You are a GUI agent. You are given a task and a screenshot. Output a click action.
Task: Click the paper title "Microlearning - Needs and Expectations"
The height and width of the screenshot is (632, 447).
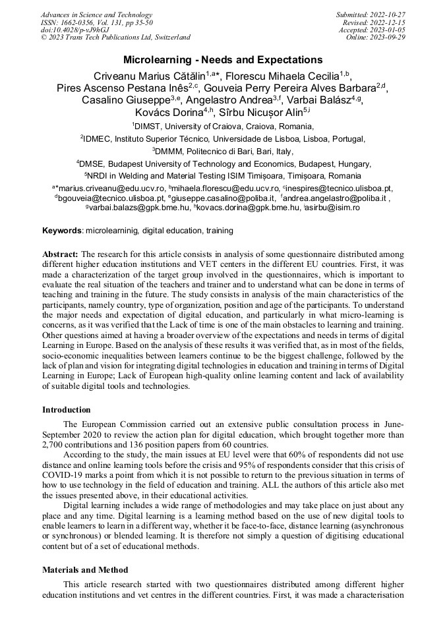pos(223,60)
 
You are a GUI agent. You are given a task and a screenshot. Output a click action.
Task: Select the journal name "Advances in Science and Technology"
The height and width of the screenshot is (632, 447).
pos(96,15)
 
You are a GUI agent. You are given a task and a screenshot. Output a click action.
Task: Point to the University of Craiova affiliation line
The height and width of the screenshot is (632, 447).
pos(223,126)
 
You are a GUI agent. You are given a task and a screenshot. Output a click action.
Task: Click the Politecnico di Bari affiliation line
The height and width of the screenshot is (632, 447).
pos(223,151)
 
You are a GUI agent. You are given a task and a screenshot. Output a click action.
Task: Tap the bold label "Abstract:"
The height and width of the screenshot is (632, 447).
pos(60,254)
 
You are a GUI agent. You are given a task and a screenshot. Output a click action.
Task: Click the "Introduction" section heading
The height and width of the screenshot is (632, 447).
pos(67,410)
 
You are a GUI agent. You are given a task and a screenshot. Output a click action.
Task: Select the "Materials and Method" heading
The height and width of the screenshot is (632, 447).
pos(85,569)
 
